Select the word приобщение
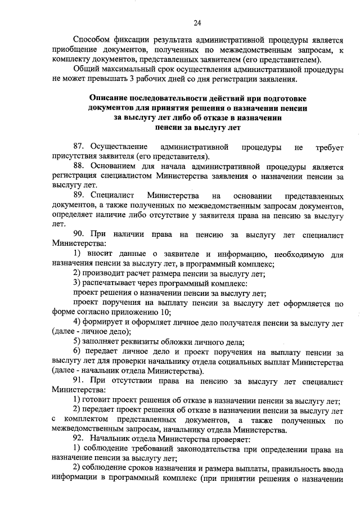pos(74,50)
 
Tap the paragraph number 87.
pos(79,147)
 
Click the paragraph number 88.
pos(79,167)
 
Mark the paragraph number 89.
pos(79,196)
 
